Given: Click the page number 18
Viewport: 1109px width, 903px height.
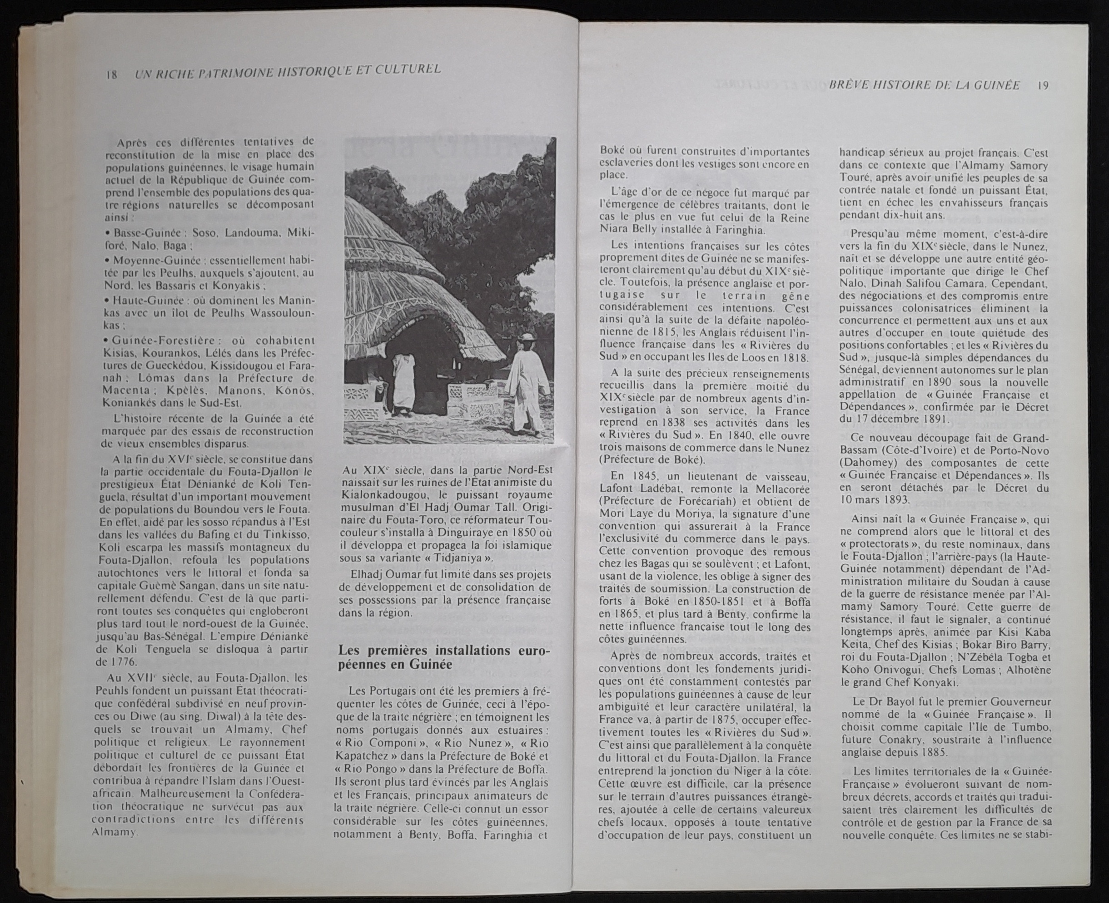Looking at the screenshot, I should click(111, 74).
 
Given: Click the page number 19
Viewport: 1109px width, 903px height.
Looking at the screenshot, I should click(1042, 85).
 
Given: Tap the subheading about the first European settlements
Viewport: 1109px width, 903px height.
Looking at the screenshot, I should click(444, 657).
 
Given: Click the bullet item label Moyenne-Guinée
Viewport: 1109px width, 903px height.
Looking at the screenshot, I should click(151, 259).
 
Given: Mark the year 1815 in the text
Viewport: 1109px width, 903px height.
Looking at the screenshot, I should click(664, 332).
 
